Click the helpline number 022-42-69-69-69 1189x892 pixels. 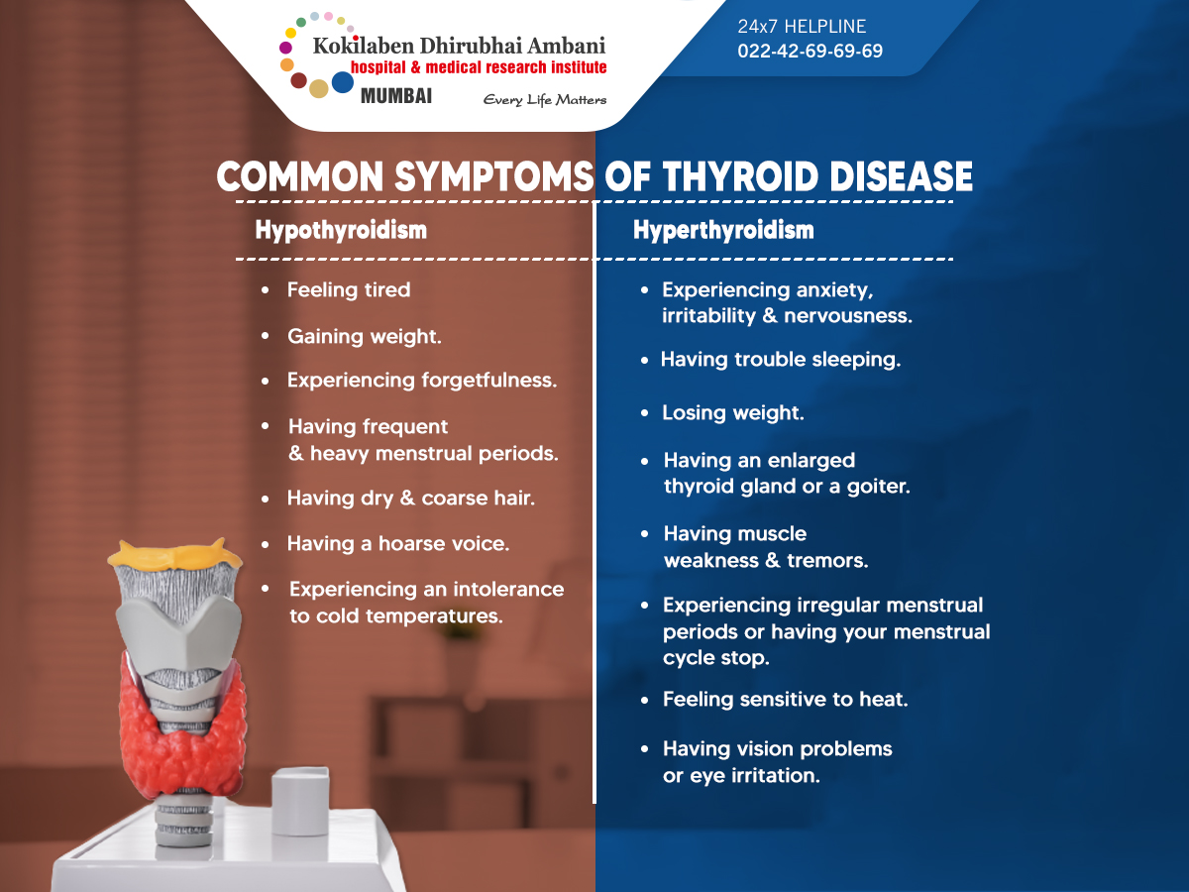point(810,51)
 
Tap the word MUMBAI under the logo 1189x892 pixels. point(396,96)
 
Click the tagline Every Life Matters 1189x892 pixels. point(544,100)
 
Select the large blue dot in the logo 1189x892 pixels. point(343,82)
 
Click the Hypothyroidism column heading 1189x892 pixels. point(341,230)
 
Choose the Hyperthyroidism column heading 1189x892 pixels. point(723,230)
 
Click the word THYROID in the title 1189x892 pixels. point(740,176)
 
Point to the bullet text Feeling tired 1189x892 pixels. point(349,289)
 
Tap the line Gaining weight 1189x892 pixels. point(364,337)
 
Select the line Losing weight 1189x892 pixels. point(733,413)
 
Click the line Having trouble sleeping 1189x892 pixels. point(781,360)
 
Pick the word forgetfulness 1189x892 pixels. point(489,381)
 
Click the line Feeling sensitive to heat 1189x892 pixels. point(785,699)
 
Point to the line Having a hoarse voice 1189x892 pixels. point(398,544)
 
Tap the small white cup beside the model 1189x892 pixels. point(300,801)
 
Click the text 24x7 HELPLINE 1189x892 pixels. point(802,26)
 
